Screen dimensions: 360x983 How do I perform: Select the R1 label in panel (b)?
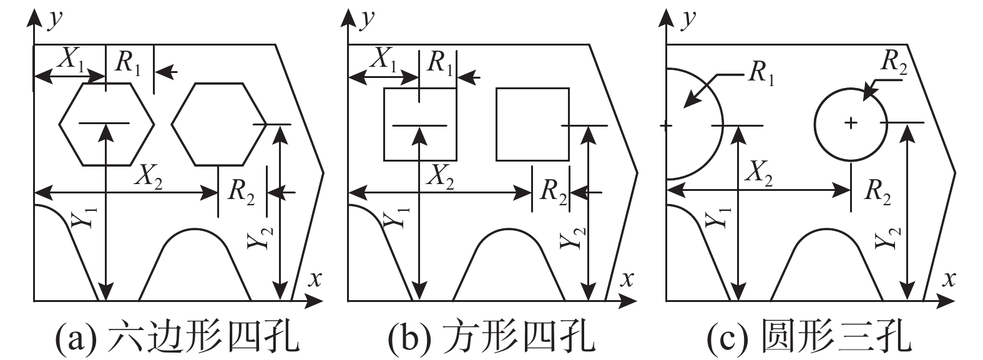click(x=441, y=63)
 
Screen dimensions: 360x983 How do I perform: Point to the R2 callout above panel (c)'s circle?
click(x=894, y=60)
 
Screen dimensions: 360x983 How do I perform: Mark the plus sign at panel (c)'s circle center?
click(x=851, y=124)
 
